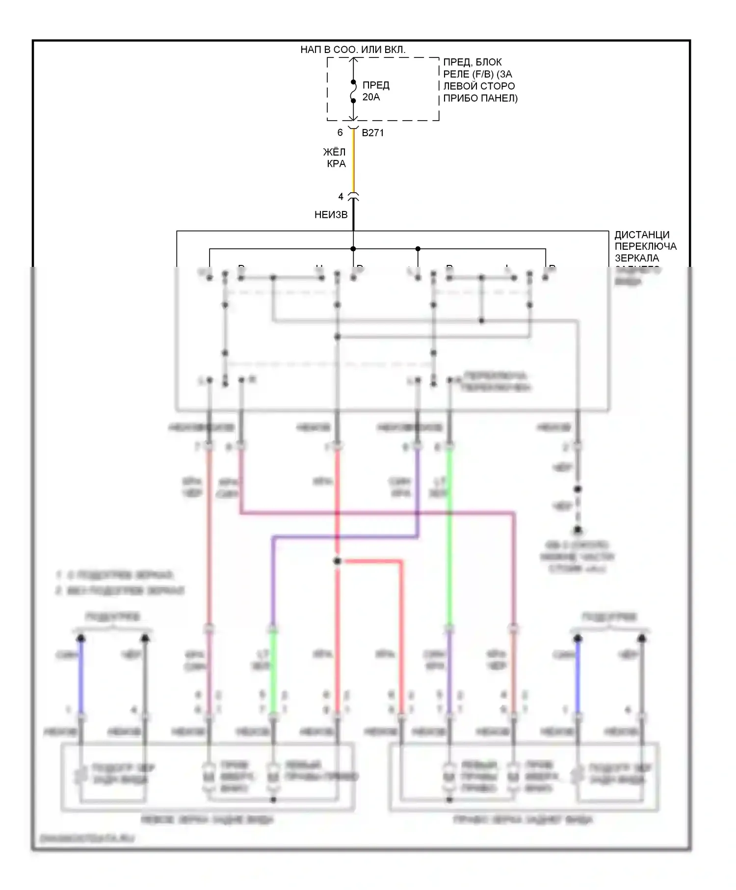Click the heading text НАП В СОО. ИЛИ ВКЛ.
click(353, 50)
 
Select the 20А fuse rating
click(371, 97)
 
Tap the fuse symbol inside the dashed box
click(353, 91)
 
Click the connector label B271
click(373, 132)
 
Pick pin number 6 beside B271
click(340, 132)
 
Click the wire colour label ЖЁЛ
click(334, 152)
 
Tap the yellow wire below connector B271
click(353, 162)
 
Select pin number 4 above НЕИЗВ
click(341, 197)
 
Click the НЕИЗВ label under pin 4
click(331, 214)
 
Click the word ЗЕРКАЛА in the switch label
click(637, 258)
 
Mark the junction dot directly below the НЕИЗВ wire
click(353, 249)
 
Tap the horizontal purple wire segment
click(343, 538)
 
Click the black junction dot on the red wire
click(337, 561)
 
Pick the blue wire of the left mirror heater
click(81, 677)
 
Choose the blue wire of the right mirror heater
click(578, 677)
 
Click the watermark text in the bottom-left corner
click(87, 838)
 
